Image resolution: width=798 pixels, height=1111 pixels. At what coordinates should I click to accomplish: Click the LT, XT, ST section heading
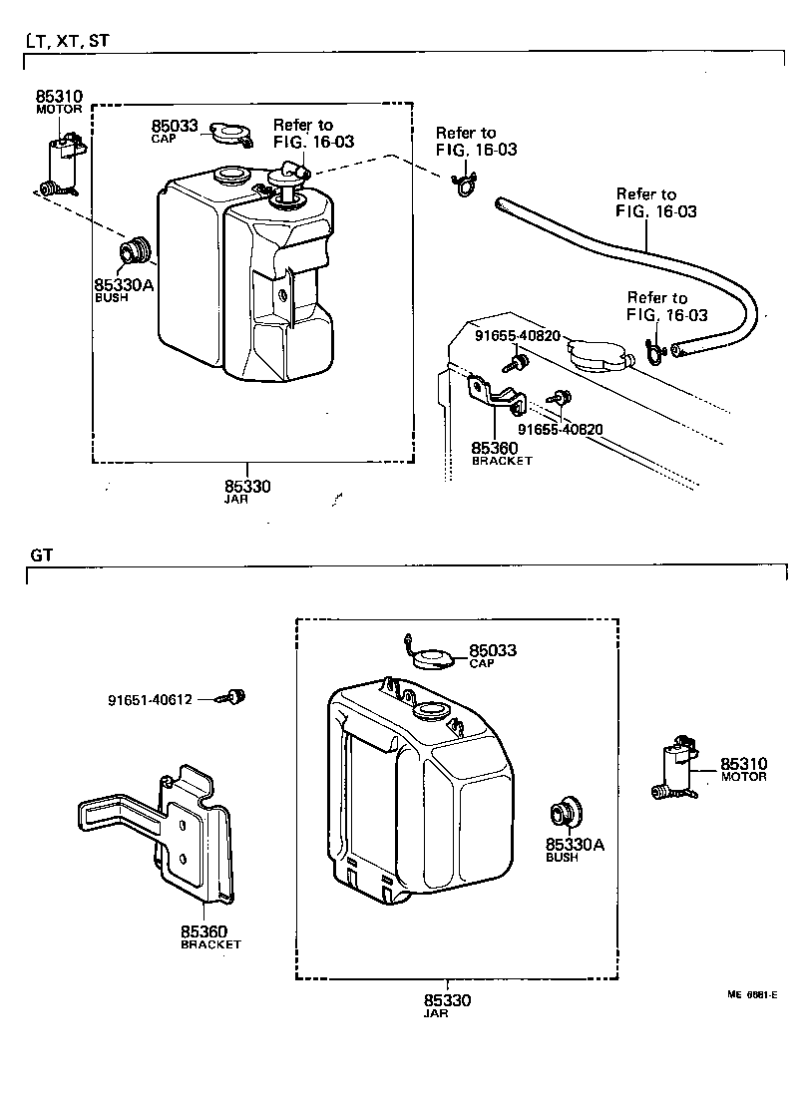click(67, 41)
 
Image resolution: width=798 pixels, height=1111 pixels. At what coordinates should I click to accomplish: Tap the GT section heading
click(41, 555)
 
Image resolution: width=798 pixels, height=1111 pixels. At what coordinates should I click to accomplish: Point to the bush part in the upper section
click(134, 252)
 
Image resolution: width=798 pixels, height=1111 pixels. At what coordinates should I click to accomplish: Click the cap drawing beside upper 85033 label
click(231, 133)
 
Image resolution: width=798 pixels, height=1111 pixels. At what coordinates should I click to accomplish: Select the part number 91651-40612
click(150, 700)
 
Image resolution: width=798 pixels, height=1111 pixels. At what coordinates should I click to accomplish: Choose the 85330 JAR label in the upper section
click(246, 491)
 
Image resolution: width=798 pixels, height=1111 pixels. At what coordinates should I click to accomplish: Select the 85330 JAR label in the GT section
click(447, 1004)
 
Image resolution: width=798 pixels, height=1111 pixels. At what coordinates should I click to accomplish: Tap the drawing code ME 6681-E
click(752, 994)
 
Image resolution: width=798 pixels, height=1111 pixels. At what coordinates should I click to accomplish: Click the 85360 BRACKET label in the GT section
click(210, 936)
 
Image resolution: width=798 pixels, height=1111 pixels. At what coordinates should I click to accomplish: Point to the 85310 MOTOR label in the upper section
click(60, 102)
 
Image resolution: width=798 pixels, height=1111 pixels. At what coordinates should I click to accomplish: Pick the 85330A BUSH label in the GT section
click(575, 850)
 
